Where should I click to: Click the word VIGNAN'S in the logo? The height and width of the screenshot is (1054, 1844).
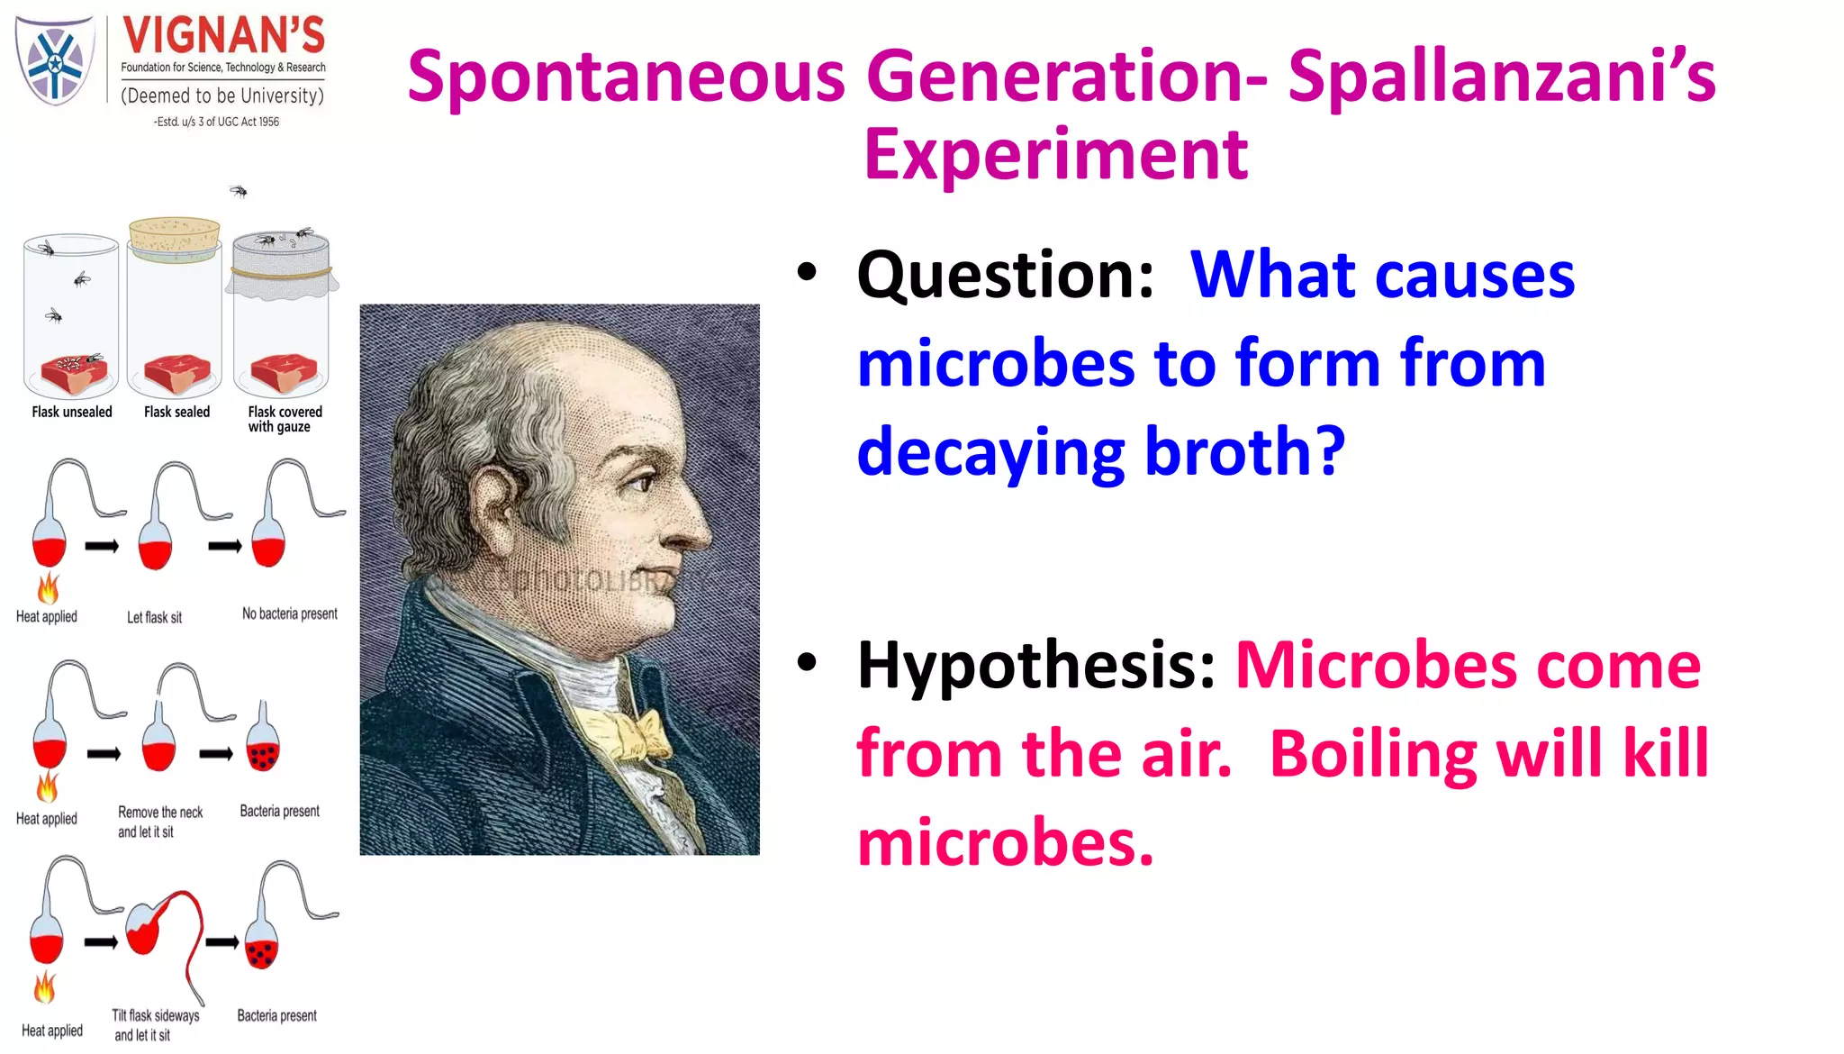tap(223, 36)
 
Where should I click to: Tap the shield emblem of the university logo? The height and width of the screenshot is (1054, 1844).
tap(55, 61)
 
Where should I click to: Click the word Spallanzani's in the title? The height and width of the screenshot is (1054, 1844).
tap(1501, 77)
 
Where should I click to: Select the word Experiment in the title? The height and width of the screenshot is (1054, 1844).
tap(1055, 155)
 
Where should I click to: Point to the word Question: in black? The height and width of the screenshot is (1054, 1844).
tap(1005, 275)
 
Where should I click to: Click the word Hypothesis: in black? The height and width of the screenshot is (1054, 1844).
tap(1036, 665)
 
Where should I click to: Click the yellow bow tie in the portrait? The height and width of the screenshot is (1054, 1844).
tap(630, 730)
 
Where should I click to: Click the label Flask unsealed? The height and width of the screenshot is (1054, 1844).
tap(72, 412)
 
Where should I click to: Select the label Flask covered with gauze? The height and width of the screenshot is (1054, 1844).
tap(284, 419)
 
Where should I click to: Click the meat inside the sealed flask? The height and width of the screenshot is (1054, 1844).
tap(177, 373)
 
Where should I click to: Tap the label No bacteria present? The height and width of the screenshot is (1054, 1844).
tap(289, 614)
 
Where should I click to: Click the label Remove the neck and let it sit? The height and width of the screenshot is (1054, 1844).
tap(159, 822)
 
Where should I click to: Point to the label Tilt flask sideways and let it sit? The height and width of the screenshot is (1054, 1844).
tap(155, 1025)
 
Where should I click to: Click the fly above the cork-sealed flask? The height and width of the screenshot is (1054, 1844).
tap(239, 191)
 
